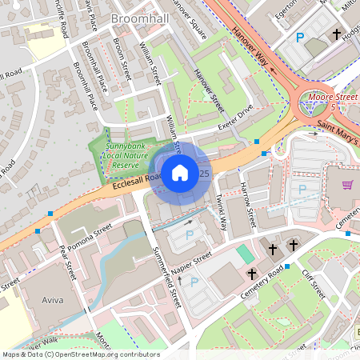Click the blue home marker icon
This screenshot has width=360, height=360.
click(180, 172)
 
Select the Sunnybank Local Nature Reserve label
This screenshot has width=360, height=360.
click(125, 156)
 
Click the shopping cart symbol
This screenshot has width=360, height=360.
click(347, 185)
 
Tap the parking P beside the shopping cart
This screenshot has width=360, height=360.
click(302, 190)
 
